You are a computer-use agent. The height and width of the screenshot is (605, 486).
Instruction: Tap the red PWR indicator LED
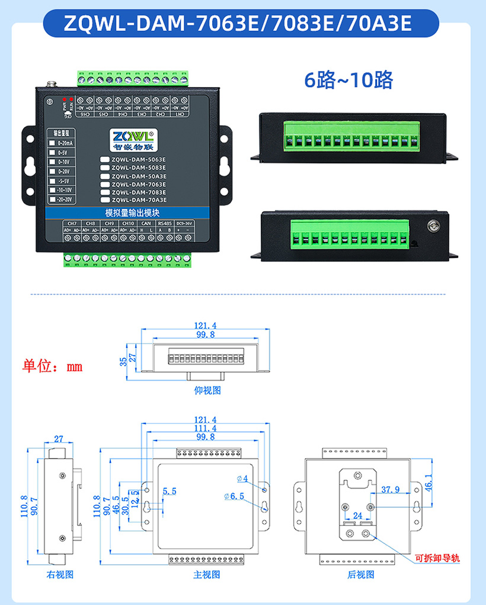pyautogui.click(x=64, y=99)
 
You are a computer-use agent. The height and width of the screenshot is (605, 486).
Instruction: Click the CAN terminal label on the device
pyautogui.click(x=146, y=223)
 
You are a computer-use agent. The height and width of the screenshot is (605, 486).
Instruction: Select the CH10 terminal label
pyautogui.click(x=127, y=223)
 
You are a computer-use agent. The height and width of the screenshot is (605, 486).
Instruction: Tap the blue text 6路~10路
pyautogui.click(x=348, y=79)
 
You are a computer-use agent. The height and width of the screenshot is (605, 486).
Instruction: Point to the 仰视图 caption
pyautogui.click(x=207, y=391)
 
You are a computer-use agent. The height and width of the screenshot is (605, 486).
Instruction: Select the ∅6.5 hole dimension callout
pyautogui.click(x=235, y=496)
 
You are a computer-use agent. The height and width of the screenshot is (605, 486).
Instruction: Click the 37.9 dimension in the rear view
pyautogui.click(x=390, y=490)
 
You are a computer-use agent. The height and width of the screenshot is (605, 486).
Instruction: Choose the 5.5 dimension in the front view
pyautogui.click(x=169, y=491)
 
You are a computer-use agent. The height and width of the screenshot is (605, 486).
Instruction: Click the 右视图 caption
pyautogui.click(x=60, y=574)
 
